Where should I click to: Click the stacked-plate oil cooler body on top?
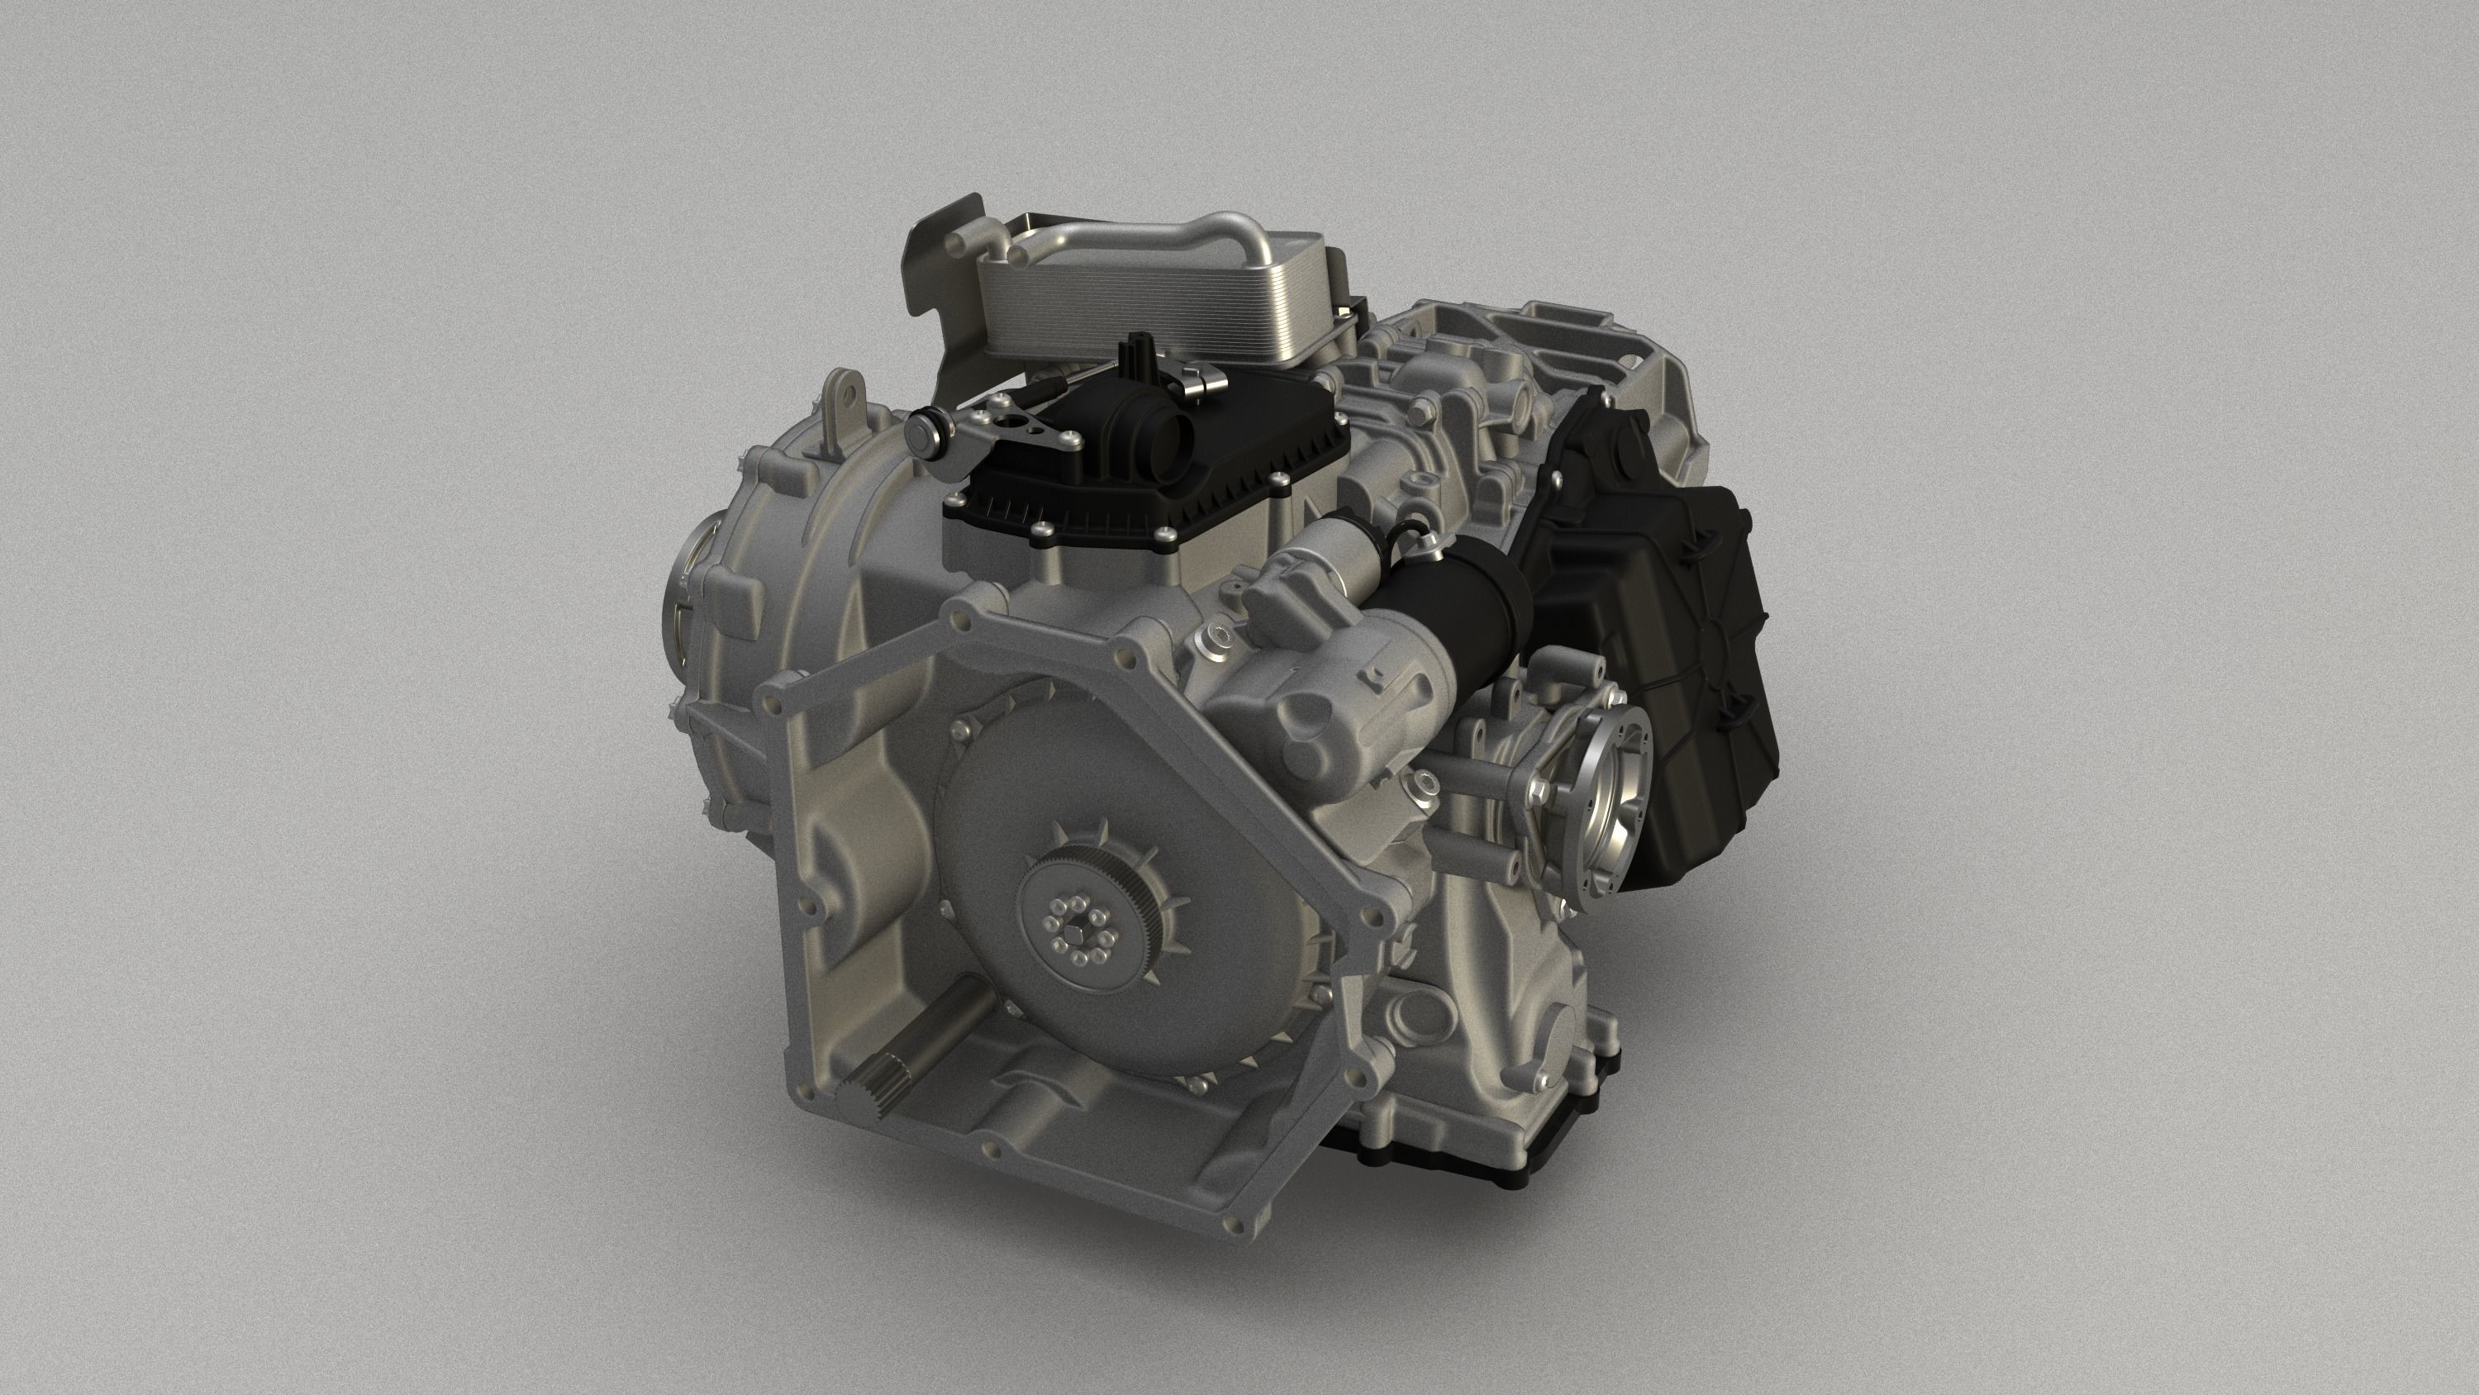coord(1155,303)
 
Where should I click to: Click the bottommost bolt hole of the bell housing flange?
coord(1228,1224)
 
